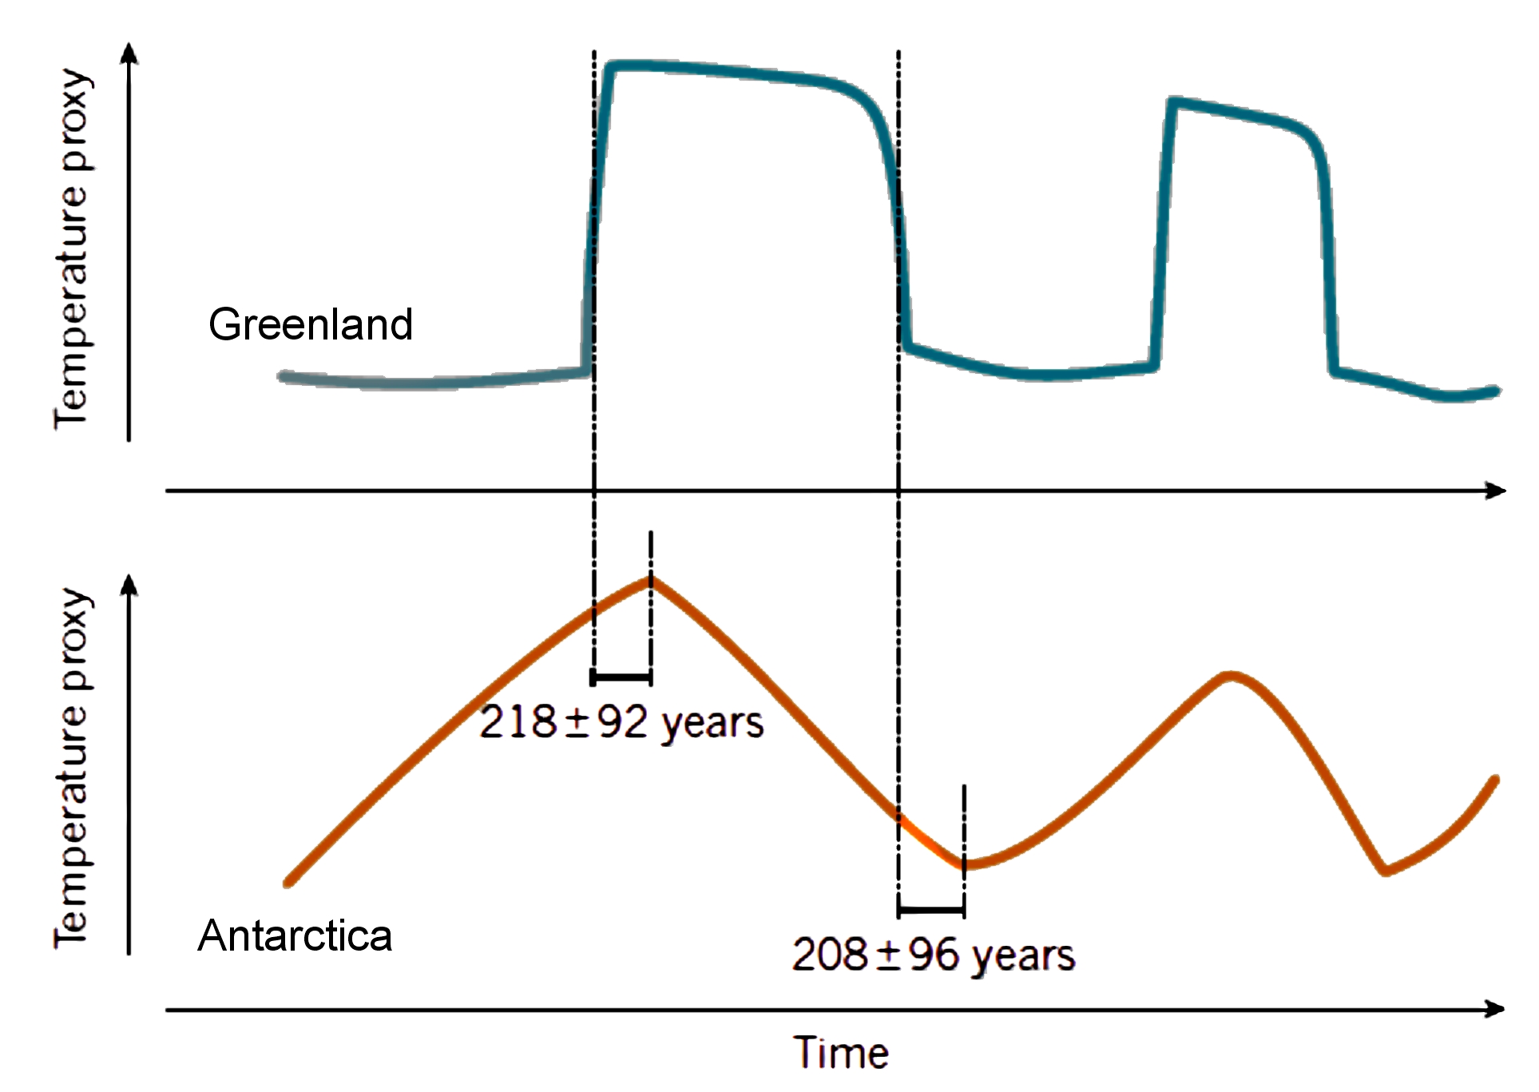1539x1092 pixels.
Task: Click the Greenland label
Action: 310,324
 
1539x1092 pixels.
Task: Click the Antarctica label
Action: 295,935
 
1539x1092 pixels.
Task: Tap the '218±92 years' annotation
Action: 621,723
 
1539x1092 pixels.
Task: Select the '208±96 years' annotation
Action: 933,955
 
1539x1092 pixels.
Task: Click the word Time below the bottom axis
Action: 841,1052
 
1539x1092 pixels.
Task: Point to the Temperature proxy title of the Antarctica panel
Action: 73,768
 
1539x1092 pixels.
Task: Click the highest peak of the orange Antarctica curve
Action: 651,581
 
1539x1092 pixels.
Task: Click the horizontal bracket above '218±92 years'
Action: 621,677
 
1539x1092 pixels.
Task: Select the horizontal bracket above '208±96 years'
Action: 931,910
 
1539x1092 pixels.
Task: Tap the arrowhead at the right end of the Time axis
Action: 1495,1010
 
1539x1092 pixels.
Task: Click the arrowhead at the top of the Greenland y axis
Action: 129,53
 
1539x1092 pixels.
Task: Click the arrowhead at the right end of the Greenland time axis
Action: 1496,490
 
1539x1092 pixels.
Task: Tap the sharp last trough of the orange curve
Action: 1386,870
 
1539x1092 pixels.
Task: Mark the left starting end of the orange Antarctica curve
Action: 289,882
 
